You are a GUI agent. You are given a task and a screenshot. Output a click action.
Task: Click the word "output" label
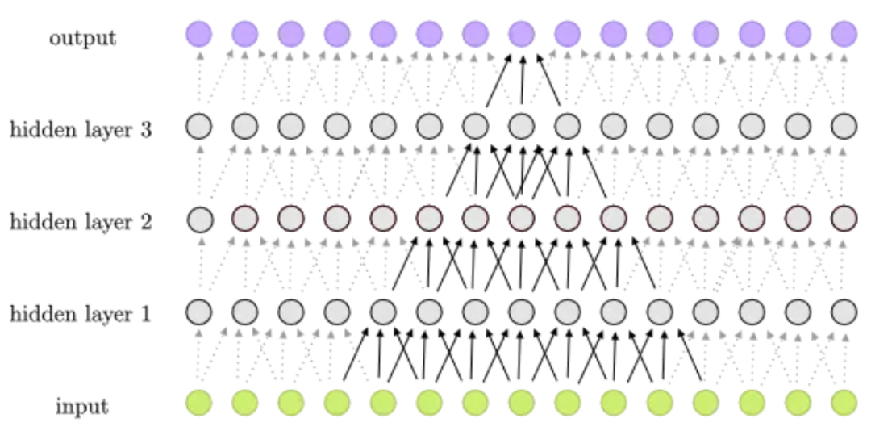(x=83, y=38)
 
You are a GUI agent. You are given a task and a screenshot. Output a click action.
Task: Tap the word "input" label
(x=82, y=408)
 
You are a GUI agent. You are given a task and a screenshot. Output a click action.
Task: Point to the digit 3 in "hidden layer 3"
(x=145, y=130)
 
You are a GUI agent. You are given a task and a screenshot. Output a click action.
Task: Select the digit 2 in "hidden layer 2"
(x=145, y=221)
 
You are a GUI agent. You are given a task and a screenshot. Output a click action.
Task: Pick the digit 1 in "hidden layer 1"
(x=145, y=314)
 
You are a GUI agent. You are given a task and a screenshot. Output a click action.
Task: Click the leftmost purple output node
(x=199, y=34)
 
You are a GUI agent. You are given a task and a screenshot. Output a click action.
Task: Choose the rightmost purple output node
(x=844, y=34)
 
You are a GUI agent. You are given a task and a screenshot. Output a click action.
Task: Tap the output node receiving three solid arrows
(x=522, y=34)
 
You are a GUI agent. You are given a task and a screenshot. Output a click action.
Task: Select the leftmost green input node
(x=199, y=403)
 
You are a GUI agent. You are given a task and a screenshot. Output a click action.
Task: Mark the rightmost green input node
(x=844, y=403)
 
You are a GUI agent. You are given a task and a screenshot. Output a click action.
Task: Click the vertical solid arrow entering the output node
(x=522, y=79)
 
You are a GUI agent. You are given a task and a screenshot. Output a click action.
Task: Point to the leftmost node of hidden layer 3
(x=199, y=126)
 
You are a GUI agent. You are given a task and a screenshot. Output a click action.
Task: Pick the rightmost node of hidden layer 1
(x=844, y=311)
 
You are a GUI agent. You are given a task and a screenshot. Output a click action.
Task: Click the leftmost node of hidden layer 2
(x=200, y=219)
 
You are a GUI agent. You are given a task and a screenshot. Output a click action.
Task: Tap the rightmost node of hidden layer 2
(x=844, y=219)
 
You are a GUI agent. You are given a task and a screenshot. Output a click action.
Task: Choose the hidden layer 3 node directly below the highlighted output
(x=522, y=126)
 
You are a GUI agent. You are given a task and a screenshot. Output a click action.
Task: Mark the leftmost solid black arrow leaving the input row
(x=356, y=353)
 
